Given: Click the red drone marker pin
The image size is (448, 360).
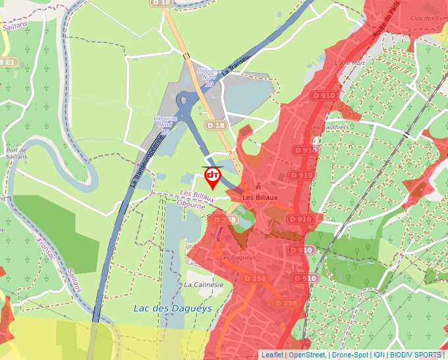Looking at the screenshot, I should [x=213, y=177].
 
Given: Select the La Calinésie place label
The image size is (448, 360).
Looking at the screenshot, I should [x=204, y=285].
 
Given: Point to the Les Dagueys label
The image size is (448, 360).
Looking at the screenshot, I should [x=238, y=257].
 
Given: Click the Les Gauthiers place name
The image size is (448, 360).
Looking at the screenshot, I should [x=329, y=126].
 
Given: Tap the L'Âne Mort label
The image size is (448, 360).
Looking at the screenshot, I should [x=349, y=63].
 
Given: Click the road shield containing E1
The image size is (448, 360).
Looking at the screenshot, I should [x=8, y=62].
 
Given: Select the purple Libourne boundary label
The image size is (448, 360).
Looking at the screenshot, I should [x=191, y=205].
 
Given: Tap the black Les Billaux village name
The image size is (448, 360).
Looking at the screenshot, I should [x=260, y=197].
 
